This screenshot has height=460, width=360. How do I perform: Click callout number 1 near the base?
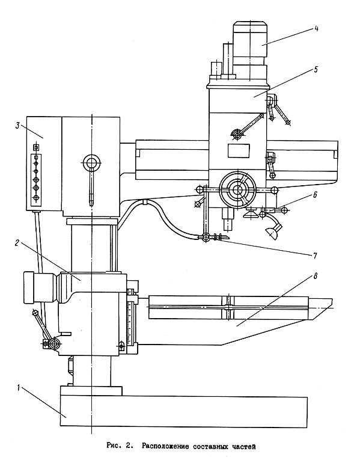point(19,387)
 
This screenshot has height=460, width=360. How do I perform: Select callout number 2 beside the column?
point(17,243)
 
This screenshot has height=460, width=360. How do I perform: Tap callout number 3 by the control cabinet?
point(17,126)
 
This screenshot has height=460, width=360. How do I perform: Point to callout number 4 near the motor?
point(316,29)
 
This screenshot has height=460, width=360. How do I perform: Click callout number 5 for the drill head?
point(316,70)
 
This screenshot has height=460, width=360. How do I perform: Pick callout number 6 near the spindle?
point(315,195)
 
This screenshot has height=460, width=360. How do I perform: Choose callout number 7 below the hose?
point(315,256)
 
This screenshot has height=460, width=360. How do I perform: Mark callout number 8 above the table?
point(316,276)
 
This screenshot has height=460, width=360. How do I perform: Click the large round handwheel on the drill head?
point(238,190)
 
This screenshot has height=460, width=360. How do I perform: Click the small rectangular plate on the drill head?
point(239,151)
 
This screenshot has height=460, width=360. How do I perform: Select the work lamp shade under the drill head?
point(272,233)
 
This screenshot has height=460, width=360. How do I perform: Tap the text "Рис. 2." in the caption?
point(119,446)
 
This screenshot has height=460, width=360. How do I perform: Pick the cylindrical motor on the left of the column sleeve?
point(41,287)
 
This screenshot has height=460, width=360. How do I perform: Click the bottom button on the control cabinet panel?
point(36,198)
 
